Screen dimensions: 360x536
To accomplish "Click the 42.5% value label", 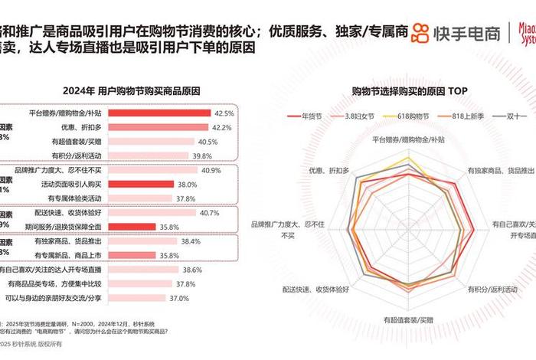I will coord(224,113).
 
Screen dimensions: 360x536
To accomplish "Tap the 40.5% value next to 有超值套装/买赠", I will coord(209,142).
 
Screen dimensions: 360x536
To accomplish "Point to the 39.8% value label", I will coord(201,155).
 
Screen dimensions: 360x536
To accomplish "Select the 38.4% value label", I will coord(190,241).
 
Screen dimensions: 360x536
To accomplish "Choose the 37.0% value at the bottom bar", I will coord(178,298).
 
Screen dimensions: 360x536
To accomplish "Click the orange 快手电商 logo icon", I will coord(420,33).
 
